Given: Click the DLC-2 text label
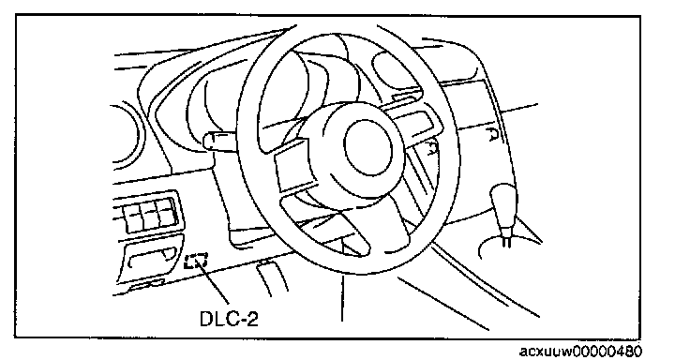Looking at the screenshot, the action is (x=229, y=318).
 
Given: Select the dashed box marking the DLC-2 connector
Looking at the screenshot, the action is (x=196, y=262).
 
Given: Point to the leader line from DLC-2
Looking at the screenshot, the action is (x=215, y=285).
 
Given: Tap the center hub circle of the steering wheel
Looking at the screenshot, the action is (x=367, y=146).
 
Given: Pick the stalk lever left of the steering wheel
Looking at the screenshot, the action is (x=221, y=142).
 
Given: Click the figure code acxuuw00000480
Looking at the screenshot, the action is (x=580, y=352).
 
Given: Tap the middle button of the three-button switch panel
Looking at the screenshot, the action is (x=150, y=216).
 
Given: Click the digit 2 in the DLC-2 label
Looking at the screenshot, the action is (x=251, y=318).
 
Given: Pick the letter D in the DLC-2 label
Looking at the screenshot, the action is (x=207, y=319).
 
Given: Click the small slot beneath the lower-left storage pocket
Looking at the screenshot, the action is (x=146, y=285).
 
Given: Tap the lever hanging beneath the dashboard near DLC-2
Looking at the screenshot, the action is (x=271, y=277).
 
